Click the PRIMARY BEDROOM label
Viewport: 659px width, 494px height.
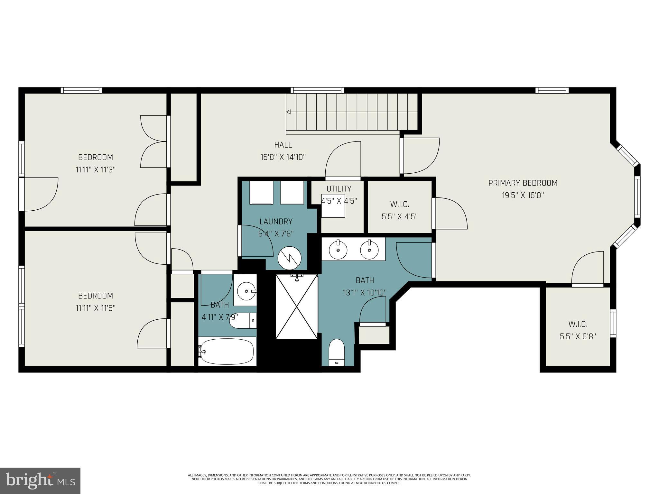(523, 183)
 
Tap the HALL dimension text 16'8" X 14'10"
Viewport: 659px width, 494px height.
(283, 157)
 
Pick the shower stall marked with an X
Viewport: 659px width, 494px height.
(297, 306)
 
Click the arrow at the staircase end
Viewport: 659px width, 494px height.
(289, 112)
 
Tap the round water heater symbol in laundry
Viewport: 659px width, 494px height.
(290, 258)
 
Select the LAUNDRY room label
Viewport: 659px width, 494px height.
(276, 222)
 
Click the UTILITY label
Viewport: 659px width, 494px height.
(339, 188)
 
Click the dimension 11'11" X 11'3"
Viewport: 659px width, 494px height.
(95, 169)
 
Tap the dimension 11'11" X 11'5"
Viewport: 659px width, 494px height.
(95, 308)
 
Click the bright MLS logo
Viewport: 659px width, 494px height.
(40, 480)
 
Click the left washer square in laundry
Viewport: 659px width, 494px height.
(262, 192)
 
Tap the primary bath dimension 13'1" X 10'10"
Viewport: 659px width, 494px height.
(365, 293)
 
